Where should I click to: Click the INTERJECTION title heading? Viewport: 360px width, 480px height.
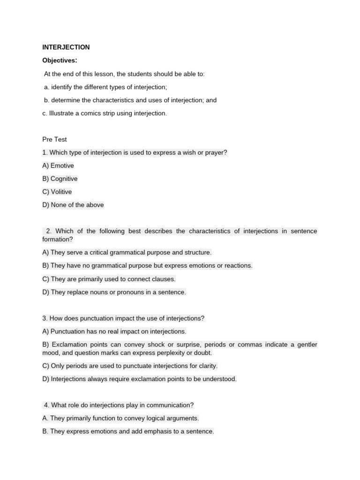66,47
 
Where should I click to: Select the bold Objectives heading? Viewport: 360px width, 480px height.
60,60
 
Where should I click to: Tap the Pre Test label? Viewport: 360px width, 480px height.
54,139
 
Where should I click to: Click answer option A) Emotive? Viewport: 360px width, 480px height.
58,165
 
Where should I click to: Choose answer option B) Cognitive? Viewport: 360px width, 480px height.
60,179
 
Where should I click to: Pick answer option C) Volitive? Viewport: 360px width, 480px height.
57,192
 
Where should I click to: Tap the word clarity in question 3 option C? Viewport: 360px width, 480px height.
206,366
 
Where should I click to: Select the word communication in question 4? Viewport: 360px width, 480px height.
167,405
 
